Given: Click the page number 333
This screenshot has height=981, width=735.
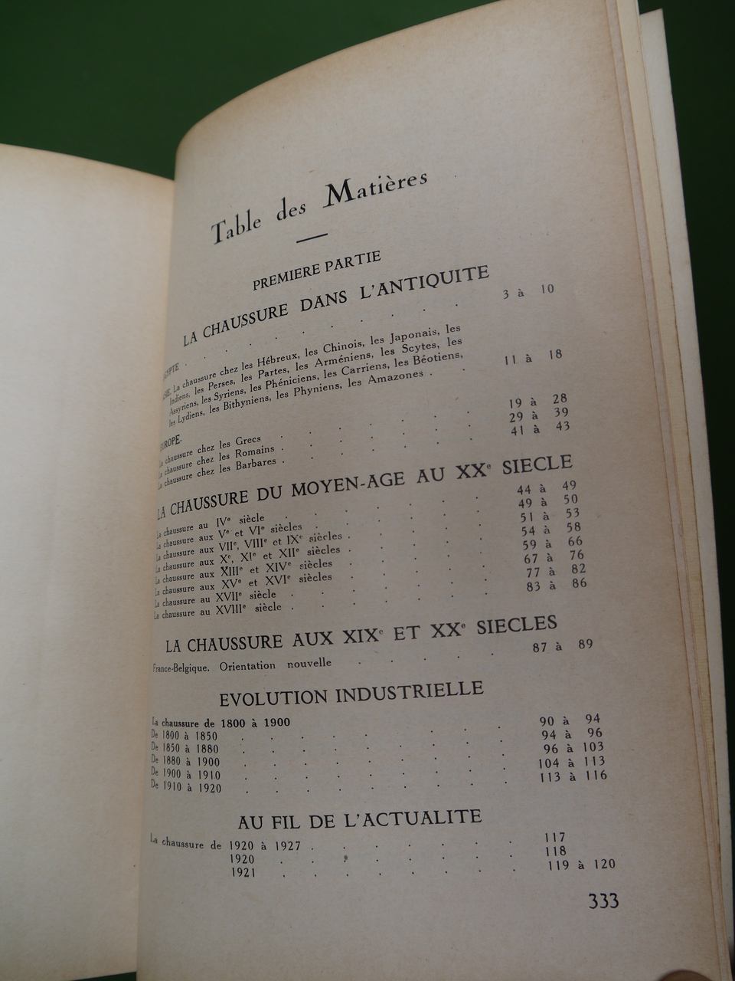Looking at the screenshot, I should pyautogui.click(x=603, y=901).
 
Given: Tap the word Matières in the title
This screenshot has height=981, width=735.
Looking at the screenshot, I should pyautogui.click(x=375, y=192).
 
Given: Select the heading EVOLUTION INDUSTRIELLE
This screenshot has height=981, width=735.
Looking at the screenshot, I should pyautogui.click(x=351, y=694).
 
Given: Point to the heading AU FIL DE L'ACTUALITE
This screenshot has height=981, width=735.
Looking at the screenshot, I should pyautogui.click(x=360, y=819).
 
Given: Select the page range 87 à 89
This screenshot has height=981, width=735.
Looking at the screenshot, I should pyautogui.click(x=562, y=646).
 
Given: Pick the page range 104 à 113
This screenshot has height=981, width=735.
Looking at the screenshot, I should pyautogui.click(x=571, y=762).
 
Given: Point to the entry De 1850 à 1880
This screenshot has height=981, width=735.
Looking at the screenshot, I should pyautogui.click(x=185, y=749).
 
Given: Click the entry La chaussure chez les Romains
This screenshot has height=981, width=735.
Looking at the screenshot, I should pyautogui.click(x=219, y=458).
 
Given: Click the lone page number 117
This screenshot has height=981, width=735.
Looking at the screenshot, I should pyautogui.click(x=554, y=838).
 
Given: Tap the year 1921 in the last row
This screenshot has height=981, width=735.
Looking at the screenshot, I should pyautogui.click(x=243, y=872).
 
